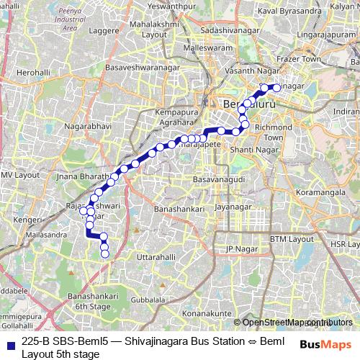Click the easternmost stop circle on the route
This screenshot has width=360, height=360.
point(276,88)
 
